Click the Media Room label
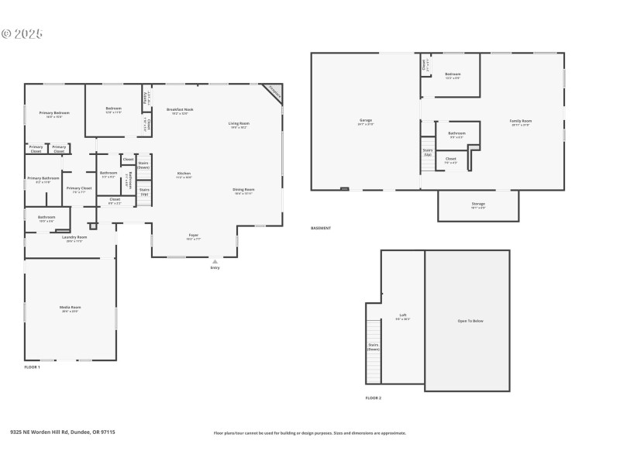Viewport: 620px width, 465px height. (71, 308)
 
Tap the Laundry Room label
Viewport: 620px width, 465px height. (74, 238)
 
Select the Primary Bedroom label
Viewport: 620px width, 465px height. (54, 114)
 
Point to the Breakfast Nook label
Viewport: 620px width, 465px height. (180, 111)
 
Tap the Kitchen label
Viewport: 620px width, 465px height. (184, 174)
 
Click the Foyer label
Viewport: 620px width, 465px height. (194, 236)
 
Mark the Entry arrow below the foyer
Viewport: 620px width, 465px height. (215, 262)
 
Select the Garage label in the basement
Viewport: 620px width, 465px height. (366, 122)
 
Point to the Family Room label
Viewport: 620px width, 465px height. (520, 122)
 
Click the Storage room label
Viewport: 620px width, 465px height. (478, 205)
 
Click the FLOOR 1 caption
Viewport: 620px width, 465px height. (32, 367)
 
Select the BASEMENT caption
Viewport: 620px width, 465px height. (321, 228)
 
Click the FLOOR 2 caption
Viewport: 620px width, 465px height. (374, 398)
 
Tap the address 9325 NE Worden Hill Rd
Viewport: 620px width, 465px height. (62, 432)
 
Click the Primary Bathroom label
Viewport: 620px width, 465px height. (43, 179)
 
